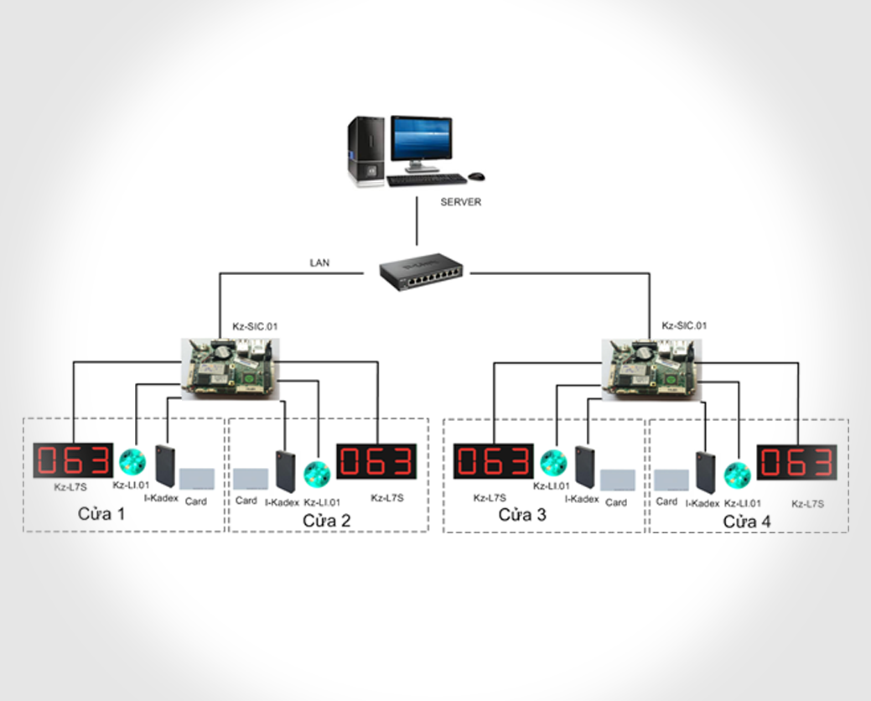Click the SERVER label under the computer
(461, 202)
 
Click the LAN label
(319, 262)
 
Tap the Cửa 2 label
(326, 521)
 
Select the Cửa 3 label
(522, 515)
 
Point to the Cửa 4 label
(747, 521)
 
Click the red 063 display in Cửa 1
(73, 460)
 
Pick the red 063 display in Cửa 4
(796, 462)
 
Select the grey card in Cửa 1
(197, 479)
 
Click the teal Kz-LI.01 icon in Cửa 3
(553, 463)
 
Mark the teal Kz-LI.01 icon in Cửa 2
(317, 474)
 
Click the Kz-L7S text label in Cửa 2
(387, 497)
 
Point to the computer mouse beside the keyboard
(475, 176)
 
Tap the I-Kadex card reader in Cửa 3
(585, 467)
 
